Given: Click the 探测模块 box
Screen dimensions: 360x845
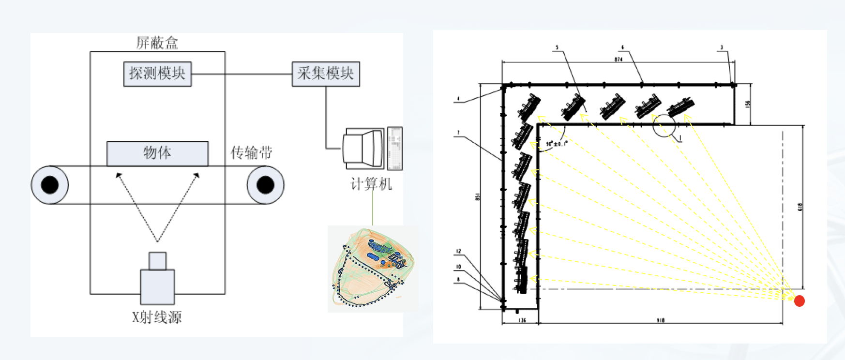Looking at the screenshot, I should click(157, 74).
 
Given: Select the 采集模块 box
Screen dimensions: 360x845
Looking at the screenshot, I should click(326, 74).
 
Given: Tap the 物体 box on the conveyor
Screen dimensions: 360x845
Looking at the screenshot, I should click(157, 153).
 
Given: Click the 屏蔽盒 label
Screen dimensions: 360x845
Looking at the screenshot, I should click(157, 43).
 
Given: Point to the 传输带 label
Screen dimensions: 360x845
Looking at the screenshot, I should click(251, 153).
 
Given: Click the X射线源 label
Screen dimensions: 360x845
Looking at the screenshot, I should click(157, 317).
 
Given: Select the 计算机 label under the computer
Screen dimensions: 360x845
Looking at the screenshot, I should click(371, 184).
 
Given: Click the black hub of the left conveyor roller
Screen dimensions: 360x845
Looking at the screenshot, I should click(50, 185).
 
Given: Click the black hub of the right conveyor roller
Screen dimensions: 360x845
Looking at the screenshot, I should click(265, 185).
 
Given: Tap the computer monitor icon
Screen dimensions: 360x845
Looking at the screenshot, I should click(364, 148).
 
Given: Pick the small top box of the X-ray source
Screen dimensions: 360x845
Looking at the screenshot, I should click(158, 261).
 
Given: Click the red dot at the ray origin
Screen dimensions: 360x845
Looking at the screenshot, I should click(800, 301).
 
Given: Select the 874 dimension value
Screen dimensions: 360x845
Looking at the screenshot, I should click(619, 60).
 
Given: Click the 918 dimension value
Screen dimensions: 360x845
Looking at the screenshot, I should click(661, 320).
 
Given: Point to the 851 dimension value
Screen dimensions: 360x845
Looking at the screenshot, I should click(478, 197).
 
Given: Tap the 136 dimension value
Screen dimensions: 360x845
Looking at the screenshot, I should click(522, 320).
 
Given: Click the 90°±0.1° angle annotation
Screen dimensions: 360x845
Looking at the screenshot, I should click(556, 144).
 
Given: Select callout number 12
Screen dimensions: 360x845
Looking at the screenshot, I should click(458, 251).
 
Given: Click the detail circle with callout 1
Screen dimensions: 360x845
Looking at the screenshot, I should click(664, 125).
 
